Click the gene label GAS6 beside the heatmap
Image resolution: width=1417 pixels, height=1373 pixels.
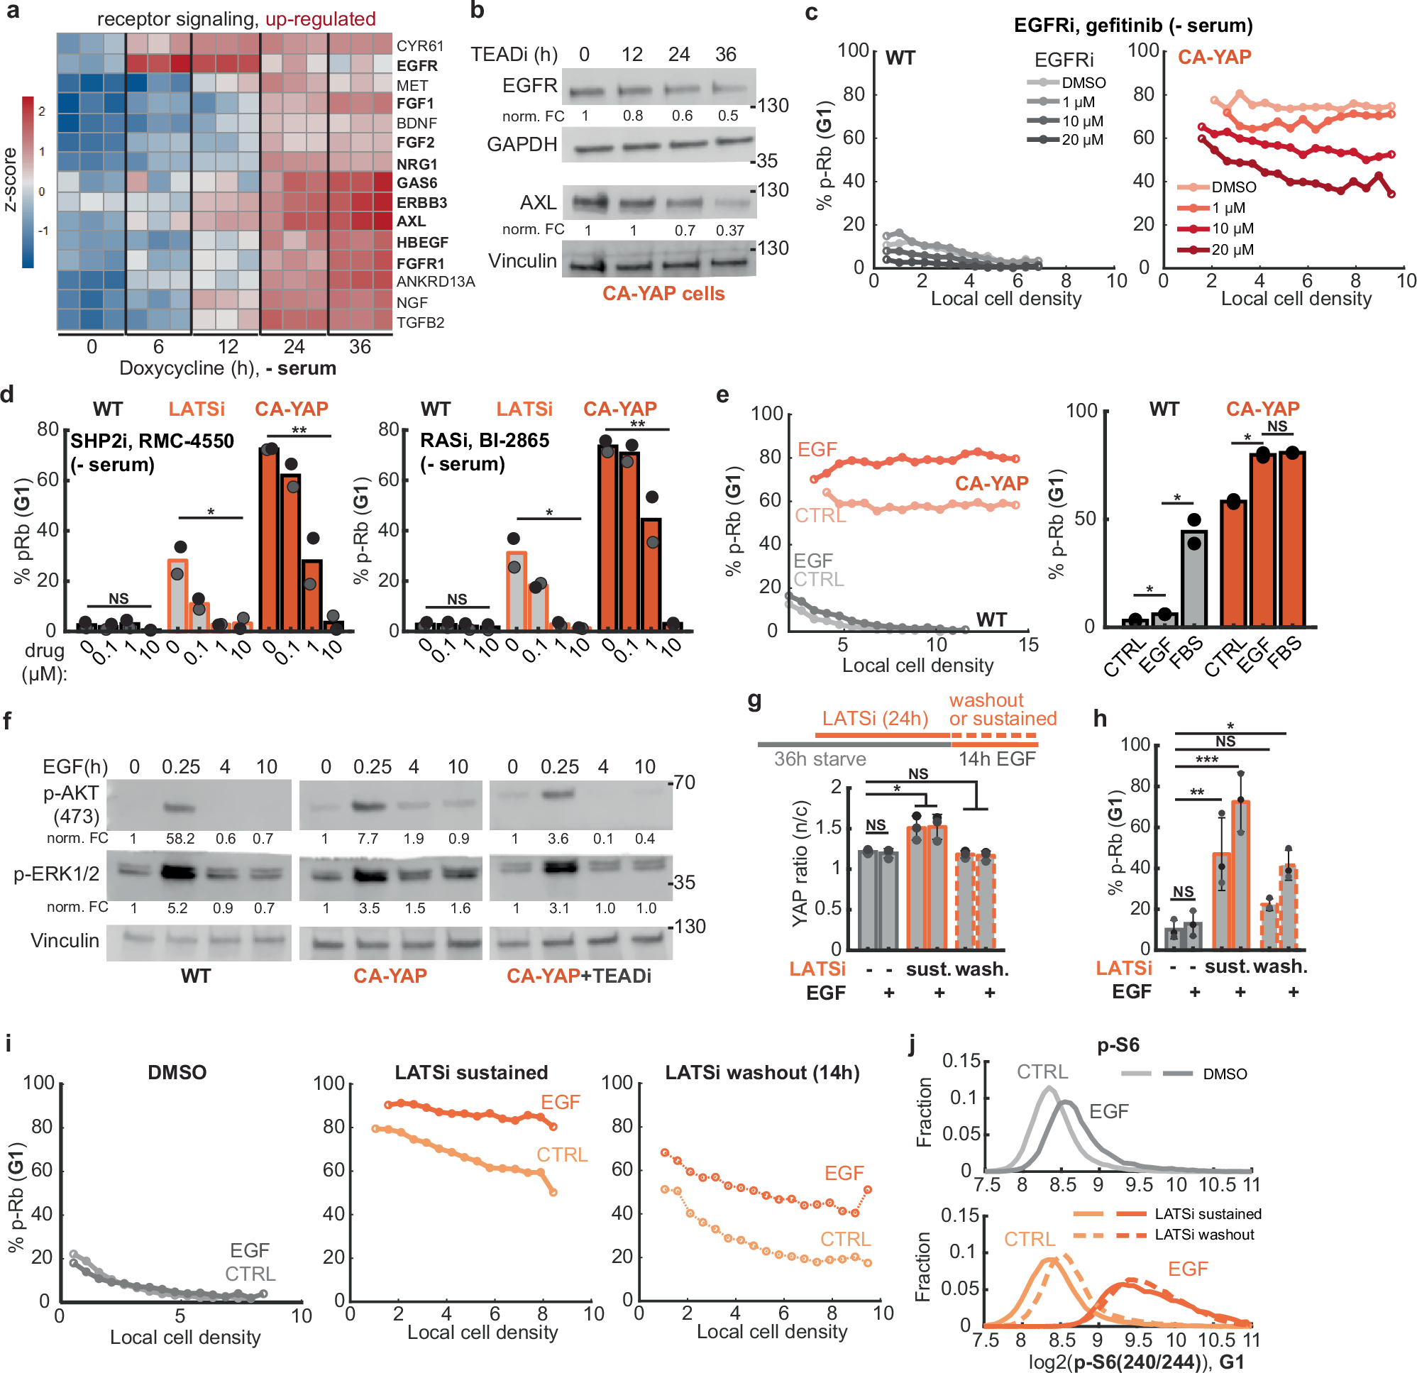pyautogui.click(x=417, y=183)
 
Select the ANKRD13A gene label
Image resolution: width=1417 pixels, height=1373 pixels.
pyautogui.click(x=435, y=282)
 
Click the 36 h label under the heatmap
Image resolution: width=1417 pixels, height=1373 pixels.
pyautogui.click(x=360, y=347)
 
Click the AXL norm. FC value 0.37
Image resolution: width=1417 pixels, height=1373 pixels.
pyautogui.click(x=729, y=231)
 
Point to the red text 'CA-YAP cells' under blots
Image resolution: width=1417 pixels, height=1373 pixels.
pyautogui.click(x=663, y=294)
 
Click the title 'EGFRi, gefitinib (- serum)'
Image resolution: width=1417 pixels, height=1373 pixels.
pyautogui.click(x=1132, y=26)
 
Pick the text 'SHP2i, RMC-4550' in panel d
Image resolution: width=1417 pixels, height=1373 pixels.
pyautogui.click(x=152, y=441)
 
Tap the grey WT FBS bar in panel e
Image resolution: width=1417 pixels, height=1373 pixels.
pyautogui.click(x=1193, y=578)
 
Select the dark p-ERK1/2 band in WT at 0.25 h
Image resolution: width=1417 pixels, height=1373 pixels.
pyautogui.click(x=178, y=873)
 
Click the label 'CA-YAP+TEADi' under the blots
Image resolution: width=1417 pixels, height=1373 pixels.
pyautogui.click(x=578, y=976)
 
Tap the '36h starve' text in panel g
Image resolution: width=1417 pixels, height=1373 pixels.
pyautogui.click(x=820, y=759)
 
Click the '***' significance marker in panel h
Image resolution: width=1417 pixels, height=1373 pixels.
pyautogui.click(x=1207, y=760)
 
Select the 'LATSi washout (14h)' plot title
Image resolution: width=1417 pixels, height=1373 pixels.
pyautogui.click(x=762, y=1073)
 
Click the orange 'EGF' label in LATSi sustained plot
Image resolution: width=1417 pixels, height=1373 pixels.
pyautogui.click(x=561, y=1103)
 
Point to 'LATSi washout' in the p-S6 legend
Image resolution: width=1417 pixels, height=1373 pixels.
pyautogui.click(x=1203, y=1235)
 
